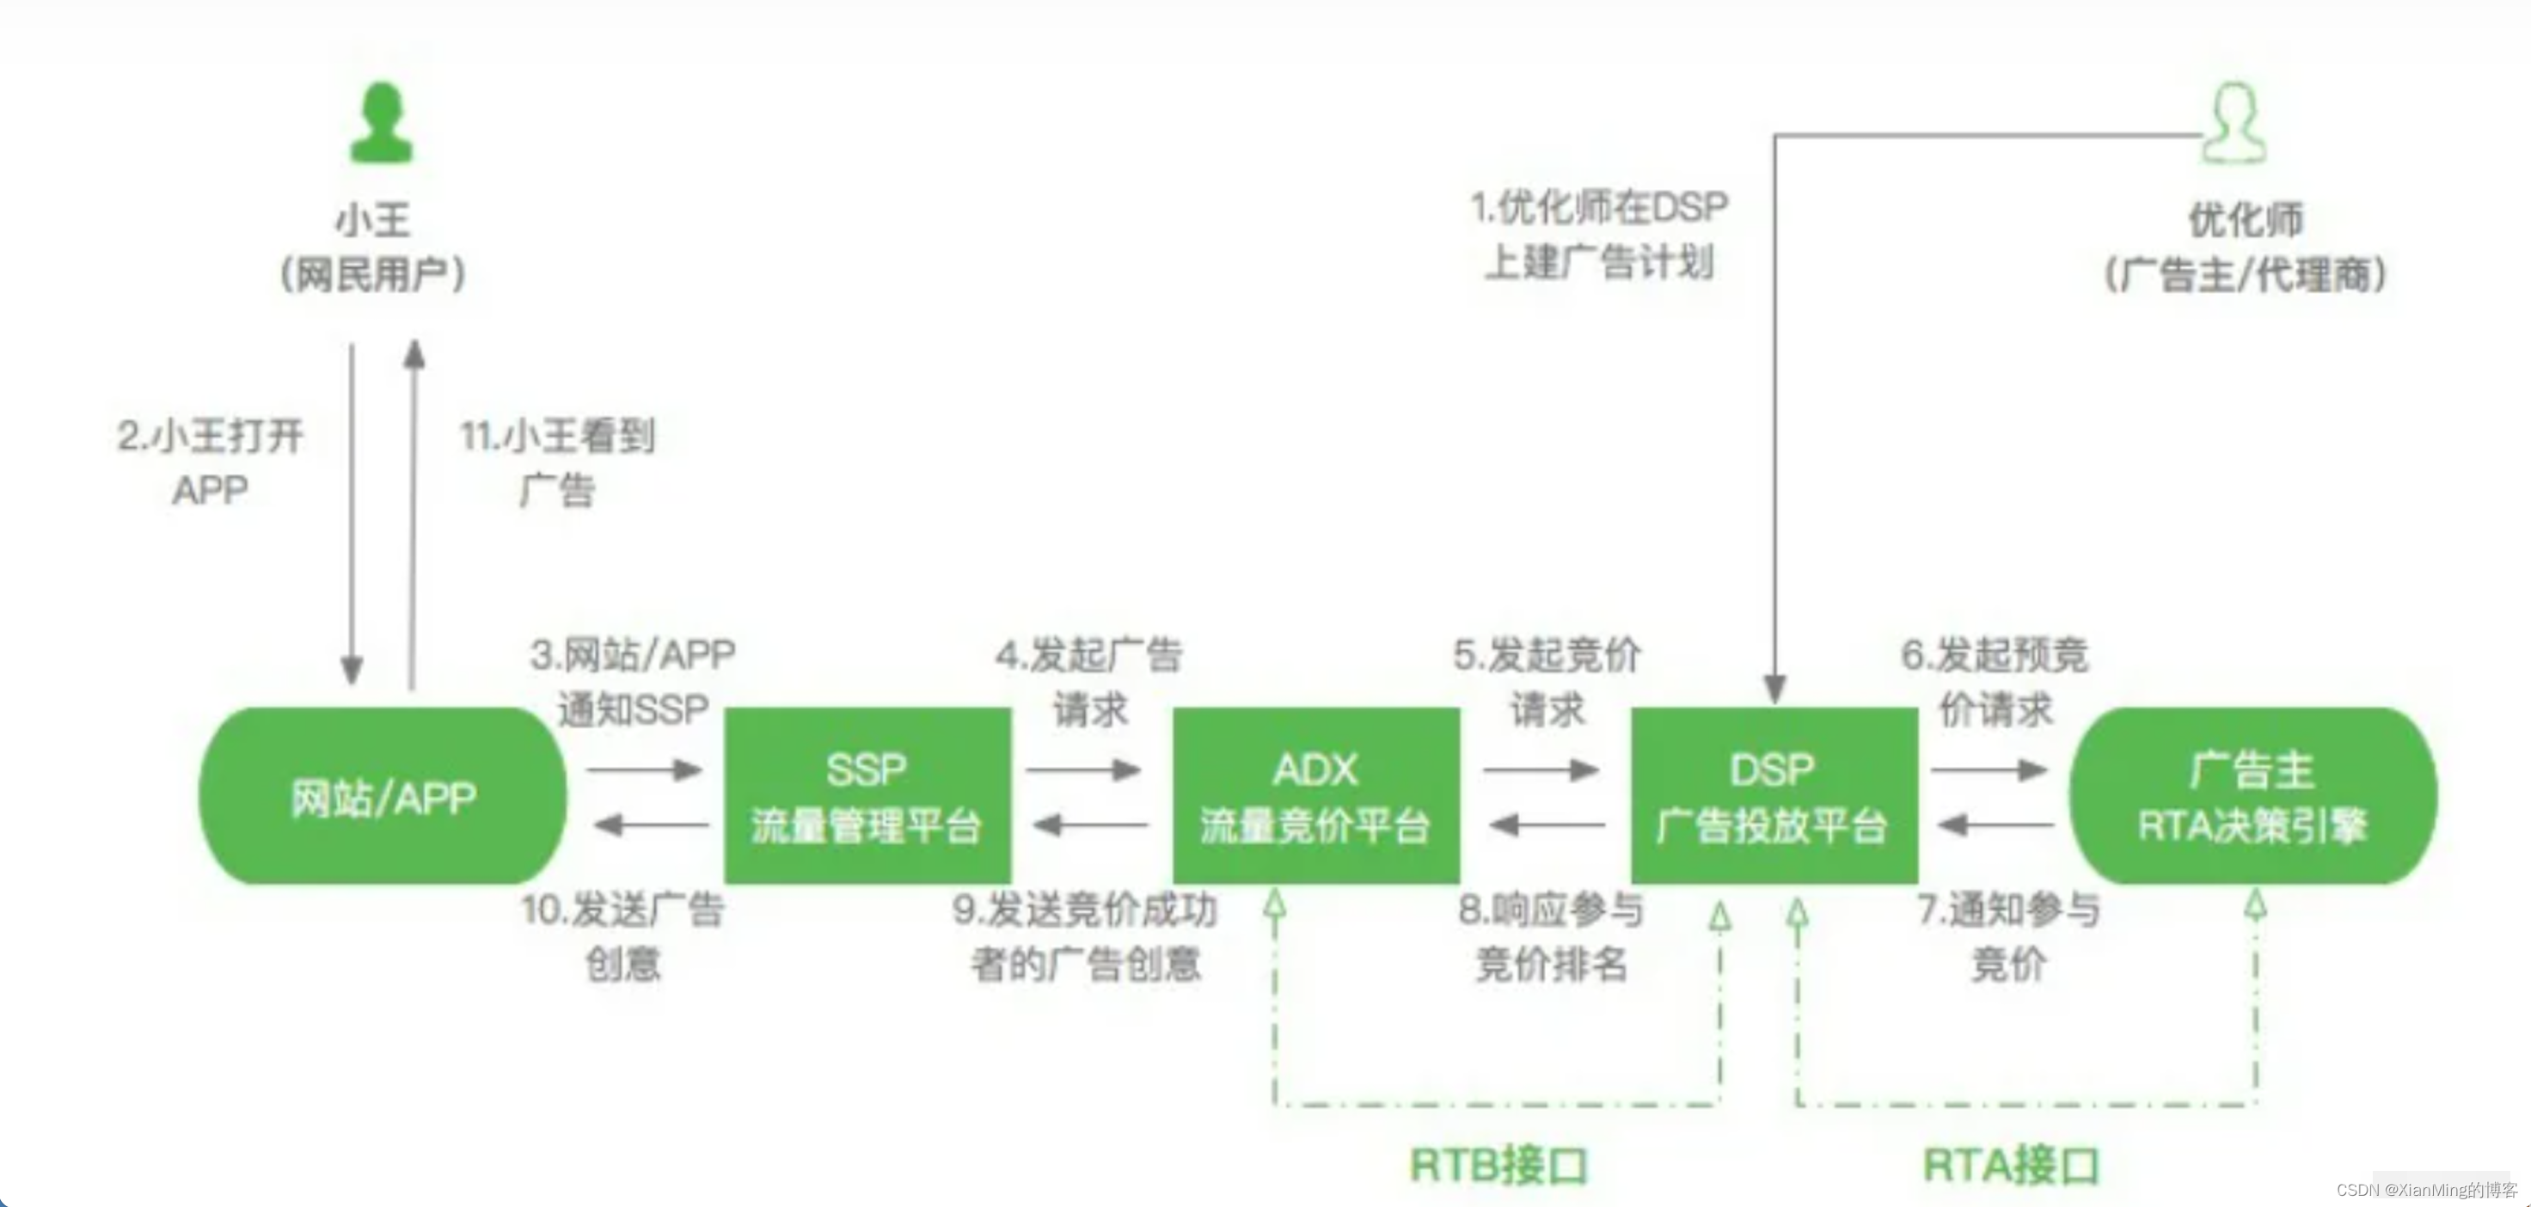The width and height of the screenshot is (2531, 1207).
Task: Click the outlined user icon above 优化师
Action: tap(2234, 123)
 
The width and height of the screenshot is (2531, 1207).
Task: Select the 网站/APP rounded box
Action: tap(383, 796)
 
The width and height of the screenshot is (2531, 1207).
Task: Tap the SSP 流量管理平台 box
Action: tap(867, 796)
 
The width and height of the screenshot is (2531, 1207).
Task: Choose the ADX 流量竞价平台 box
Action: tap(1315, 796)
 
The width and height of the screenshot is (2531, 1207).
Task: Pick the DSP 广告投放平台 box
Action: tap(1774, 796)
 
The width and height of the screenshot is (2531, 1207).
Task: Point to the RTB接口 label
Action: tap(1498, 1166)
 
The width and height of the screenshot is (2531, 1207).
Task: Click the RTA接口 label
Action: tap(2010, 1166)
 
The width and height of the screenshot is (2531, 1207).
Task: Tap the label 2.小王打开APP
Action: tap(211, 462)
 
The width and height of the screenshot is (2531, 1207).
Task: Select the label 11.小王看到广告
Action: tap(557, 462)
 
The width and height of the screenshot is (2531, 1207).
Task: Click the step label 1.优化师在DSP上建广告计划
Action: tap(1598, 234)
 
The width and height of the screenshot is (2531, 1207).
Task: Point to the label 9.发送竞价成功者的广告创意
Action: tap(1085, 937)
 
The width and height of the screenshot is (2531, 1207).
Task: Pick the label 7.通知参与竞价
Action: tap(2008, 937)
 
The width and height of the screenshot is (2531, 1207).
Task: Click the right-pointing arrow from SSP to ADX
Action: tap(1082, 769)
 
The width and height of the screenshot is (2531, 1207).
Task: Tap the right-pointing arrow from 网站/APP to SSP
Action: tap(645, 769)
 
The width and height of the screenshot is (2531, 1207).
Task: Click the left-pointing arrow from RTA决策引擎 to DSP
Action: tap(1995, 824)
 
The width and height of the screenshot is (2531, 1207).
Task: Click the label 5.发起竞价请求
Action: tap(1547, 681)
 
